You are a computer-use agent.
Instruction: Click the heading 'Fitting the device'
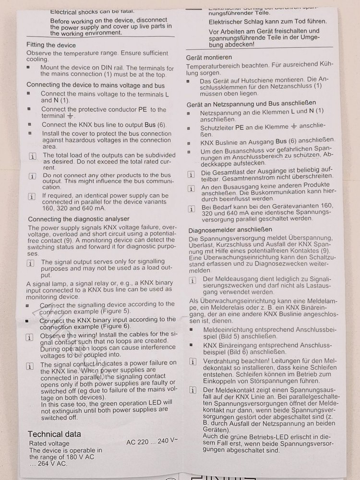[x=51, y=45]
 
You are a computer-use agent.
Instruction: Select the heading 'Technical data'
[x=54, y=434]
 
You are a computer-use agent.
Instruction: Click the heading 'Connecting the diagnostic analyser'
[x=78, y=219]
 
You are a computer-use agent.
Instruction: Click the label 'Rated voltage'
[x=49, y=443]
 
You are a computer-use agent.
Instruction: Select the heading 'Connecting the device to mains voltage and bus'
[x=96, y=85]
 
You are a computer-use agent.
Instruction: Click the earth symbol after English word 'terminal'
[x=70, y=116]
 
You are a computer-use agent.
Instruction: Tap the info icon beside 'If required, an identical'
[x=32, y=196]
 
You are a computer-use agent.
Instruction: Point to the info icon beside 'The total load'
[x=32, y=156]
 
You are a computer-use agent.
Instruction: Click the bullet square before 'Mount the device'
[x=28, y=68]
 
